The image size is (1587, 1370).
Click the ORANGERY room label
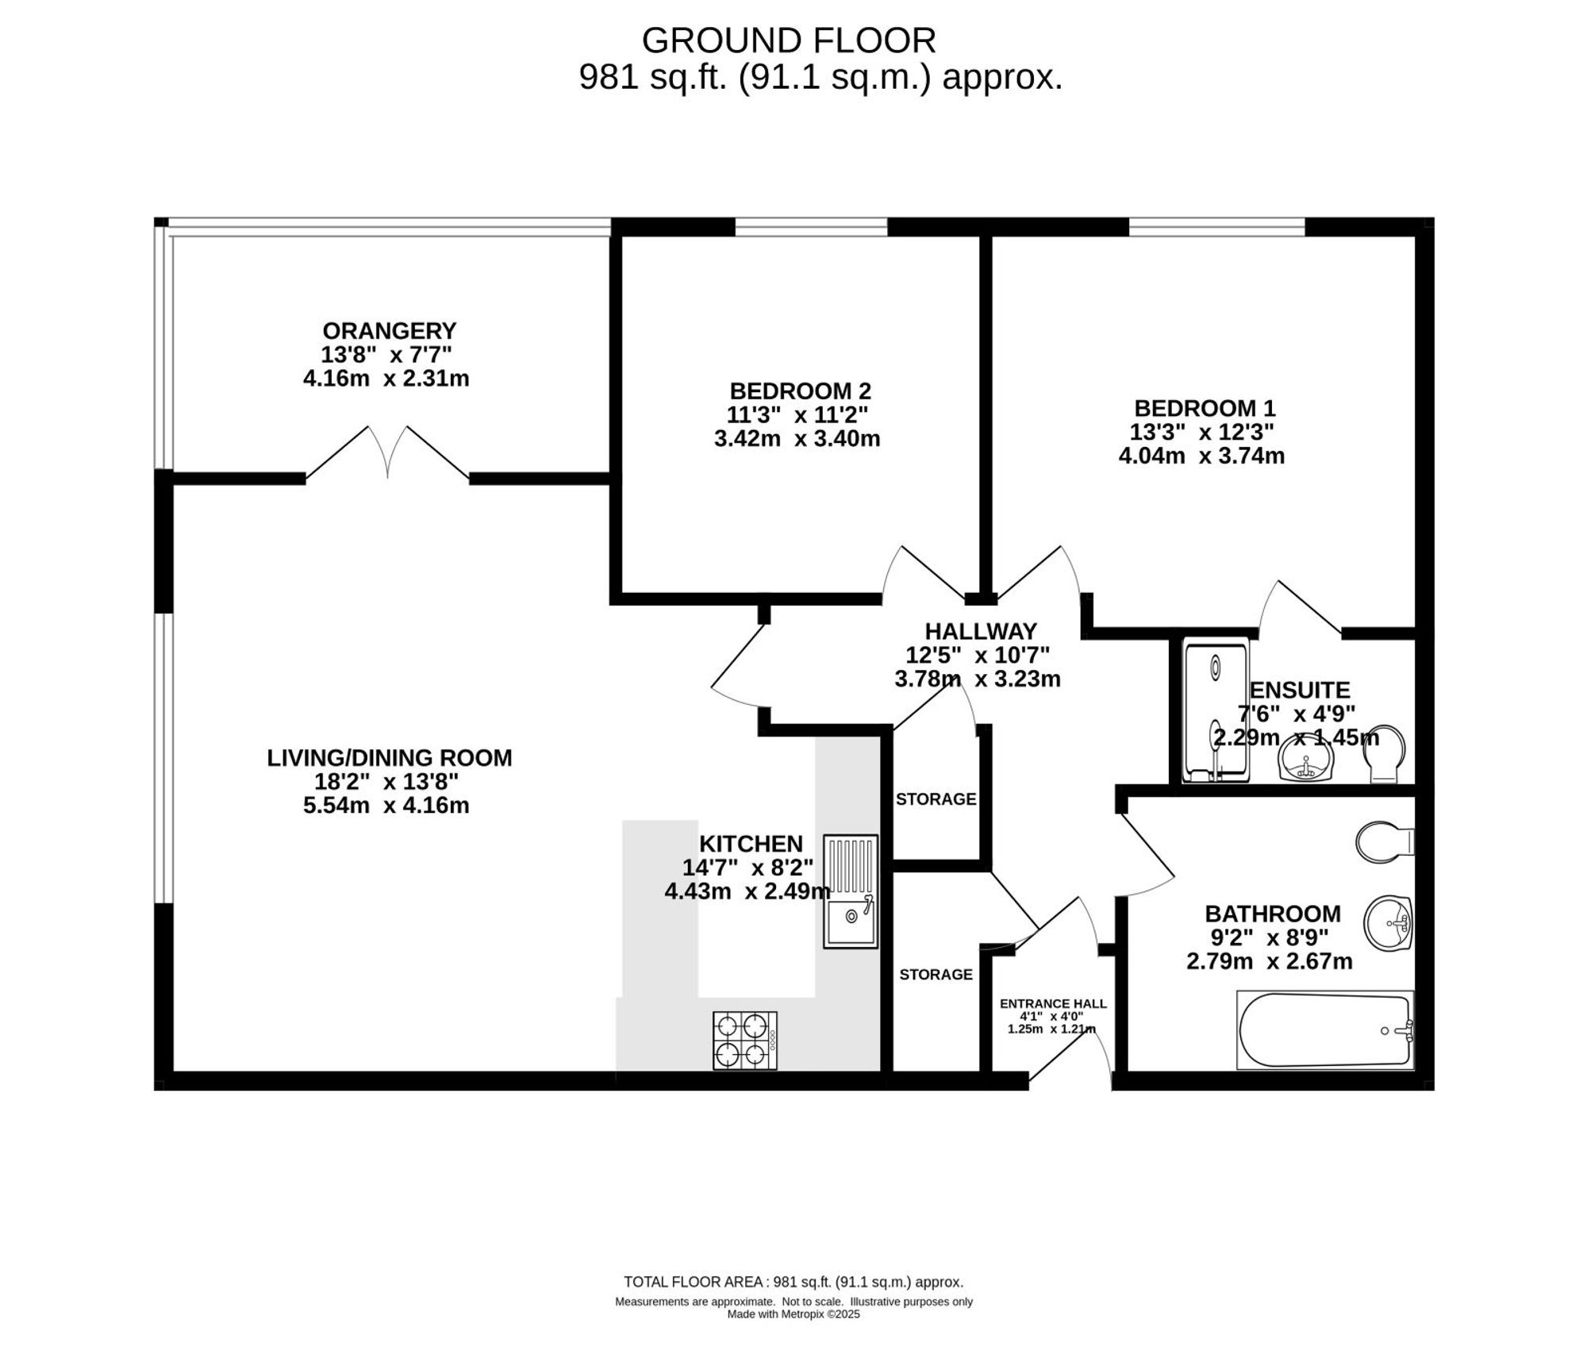[389, 330]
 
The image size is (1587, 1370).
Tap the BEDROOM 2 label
[800, 391]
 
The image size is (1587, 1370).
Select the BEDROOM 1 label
[1205, 408]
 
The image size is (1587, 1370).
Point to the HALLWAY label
[981, 631]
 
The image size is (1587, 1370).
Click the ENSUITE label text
[1300, 690]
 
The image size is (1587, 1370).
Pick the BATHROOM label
[1273, 914]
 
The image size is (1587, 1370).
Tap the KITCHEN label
[751, 843]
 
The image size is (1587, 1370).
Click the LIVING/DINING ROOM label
[389, 758]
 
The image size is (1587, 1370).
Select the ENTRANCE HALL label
[1053, 1004]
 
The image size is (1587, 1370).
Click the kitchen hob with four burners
[745, 1041]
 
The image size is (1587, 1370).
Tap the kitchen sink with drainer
[851, 891]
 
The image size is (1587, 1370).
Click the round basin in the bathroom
[1389, 923]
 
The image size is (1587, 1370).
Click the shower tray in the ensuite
[1216, 711]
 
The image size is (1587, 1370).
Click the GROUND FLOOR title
[789, 40]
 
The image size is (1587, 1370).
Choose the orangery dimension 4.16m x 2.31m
[386, 379]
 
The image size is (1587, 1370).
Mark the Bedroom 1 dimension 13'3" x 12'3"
[1202, 432]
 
